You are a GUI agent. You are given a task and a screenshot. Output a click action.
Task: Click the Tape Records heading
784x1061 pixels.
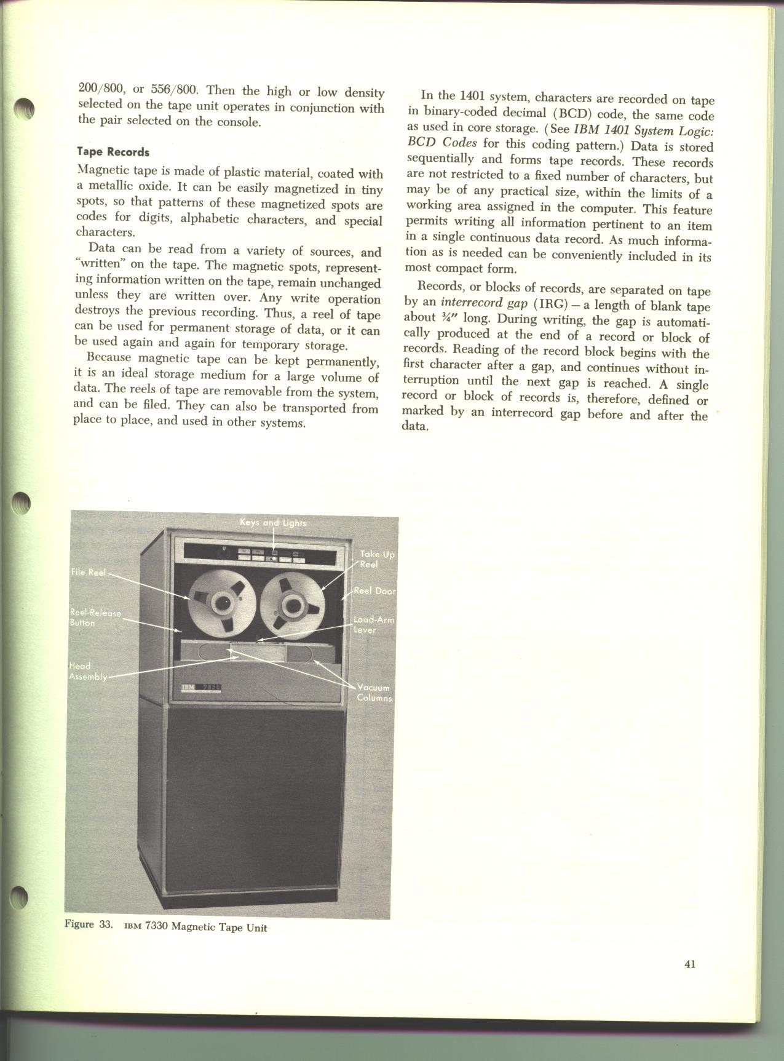click(x=113, y=151)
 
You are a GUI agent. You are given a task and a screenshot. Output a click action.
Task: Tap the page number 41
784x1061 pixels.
click(x=689, y=964)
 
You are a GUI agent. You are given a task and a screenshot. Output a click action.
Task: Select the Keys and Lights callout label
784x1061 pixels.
click(x=272, y=523)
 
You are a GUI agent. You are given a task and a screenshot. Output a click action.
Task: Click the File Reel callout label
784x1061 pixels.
click(x=89, y=573)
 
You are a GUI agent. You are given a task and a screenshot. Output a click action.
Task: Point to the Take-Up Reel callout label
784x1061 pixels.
click(x=377, y=560)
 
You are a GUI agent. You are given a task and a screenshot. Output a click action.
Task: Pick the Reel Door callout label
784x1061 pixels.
click(x=374, y=591)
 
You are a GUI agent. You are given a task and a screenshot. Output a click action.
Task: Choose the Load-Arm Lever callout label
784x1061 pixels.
click(x=373, y=625)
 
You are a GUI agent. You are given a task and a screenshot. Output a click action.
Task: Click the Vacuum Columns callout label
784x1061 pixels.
click(x=374, y=693)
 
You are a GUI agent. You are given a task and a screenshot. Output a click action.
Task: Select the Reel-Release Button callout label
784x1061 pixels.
click(x=95, y=618)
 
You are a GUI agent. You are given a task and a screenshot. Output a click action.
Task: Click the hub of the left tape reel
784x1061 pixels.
click(x=220, y=605)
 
